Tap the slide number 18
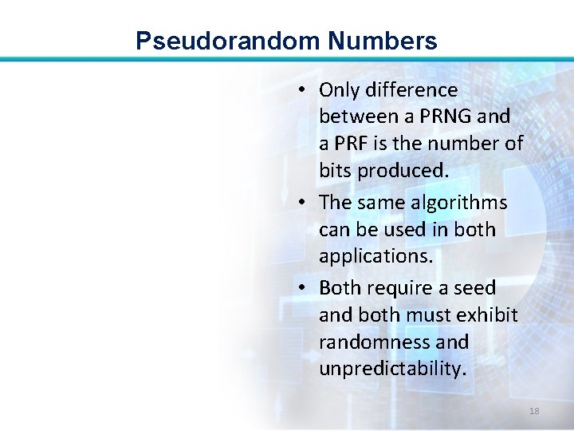pyautogui.click(x=534, y=411)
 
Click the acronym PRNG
pyautogui.click(x=446, y=117)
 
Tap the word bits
pyautogui.click(x=336, y=171)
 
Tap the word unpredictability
pyautogui.click(x=392, y=369)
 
